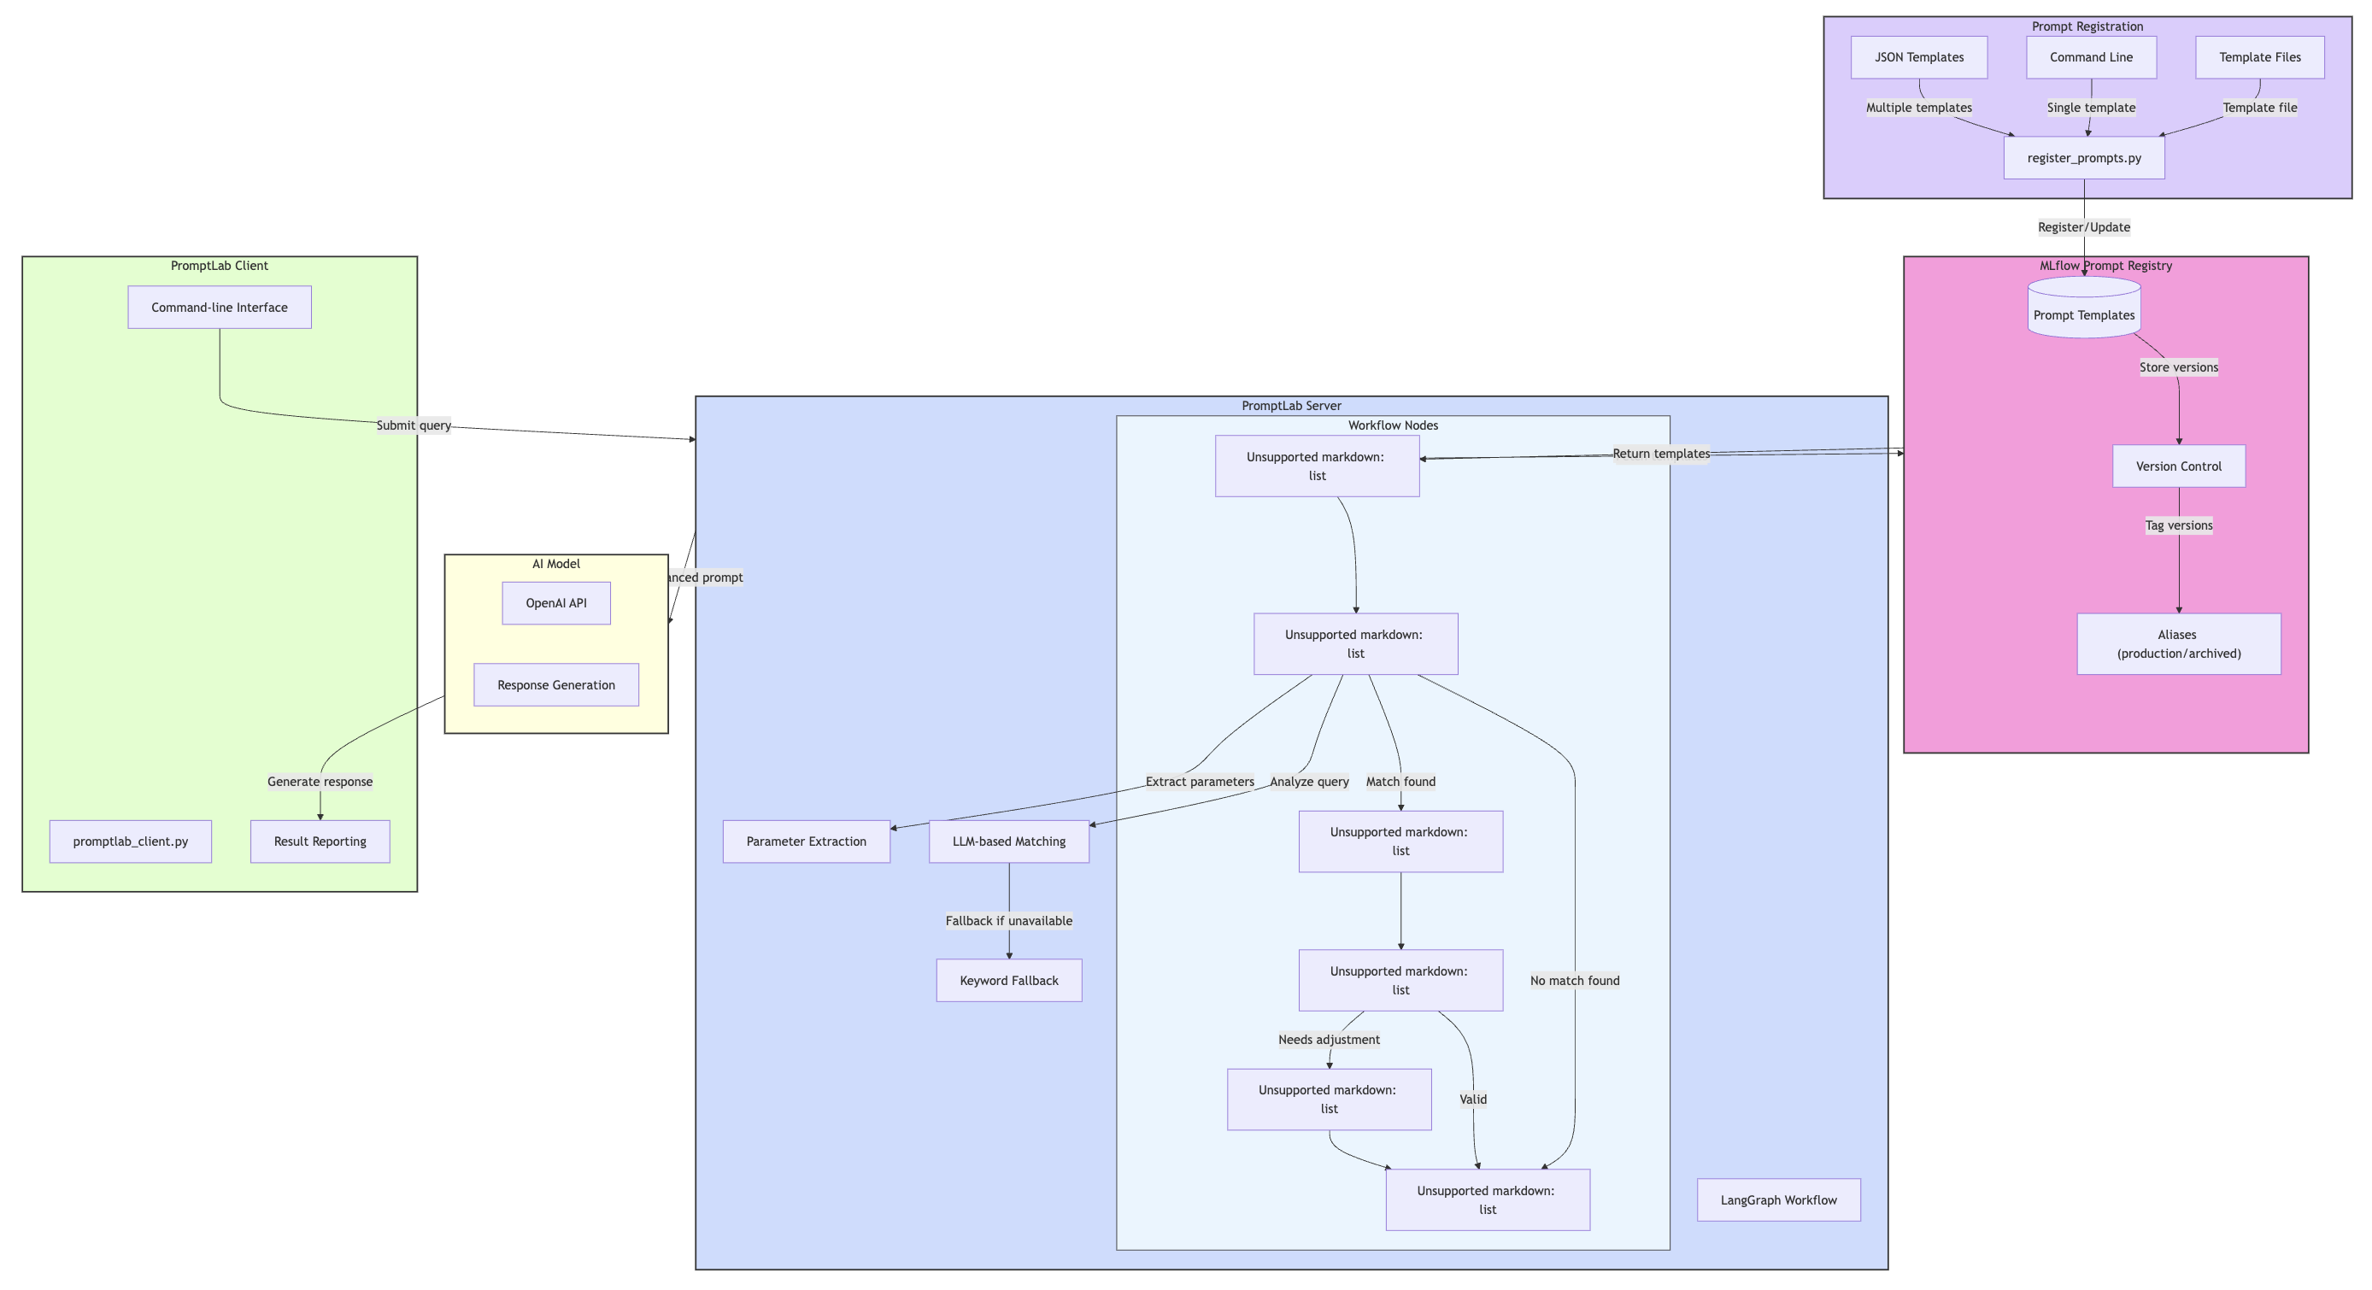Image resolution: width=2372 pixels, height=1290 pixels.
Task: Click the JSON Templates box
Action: (1919, 57)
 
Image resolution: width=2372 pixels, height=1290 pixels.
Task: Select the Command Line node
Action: (2090, 57)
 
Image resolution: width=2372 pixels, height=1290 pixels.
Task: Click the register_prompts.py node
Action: (2083, 158)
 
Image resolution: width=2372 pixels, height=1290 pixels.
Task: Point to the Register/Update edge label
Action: (2083, 227)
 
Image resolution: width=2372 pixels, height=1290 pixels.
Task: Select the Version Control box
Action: (2178, 466)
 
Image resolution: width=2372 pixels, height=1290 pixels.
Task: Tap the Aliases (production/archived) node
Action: (2178, 643)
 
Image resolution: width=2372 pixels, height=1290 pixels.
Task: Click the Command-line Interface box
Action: (219, 308)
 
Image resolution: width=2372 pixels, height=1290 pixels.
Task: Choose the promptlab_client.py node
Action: (130, 841)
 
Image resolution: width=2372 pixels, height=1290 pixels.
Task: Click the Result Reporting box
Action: (320, 841)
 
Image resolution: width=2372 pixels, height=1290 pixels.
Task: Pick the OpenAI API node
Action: (555, 603)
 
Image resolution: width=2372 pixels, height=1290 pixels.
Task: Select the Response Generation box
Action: (555, 685)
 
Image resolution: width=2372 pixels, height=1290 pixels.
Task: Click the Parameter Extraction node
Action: (806, 841)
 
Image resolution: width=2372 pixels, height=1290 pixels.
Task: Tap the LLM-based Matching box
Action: (1008, 841)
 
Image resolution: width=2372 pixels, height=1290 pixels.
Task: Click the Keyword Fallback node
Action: (1008, 981)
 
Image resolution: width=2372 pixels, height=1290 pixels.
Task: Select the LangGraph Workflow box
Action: (1778, 1199)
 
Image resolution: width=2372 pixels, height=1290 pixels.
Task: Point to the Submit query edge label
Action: (414, 425)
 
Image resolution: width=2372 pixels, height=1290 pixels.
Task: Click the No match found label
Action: (1574, 981)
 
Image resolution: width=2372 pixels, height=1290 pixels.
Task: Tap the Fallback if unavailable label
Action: (1008, 921)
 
